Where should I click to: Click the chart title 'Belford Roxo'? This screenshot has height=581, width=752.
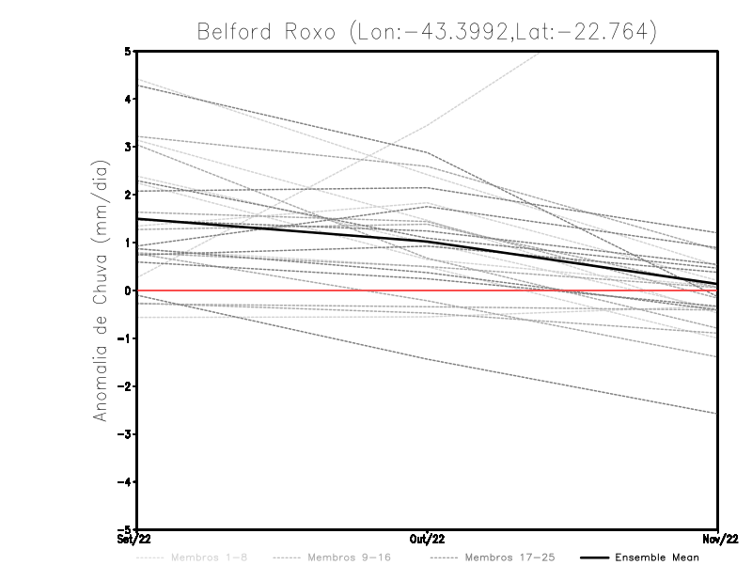[x=426, y=31]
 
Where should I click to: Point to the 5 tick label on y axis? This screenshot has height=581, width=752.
[x=128, y=51]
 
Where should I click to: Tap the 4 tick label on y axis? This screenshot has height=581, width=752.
[x=128, y=99]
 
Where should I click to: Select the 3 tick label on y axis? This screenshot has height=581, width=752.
[x=128, y=147]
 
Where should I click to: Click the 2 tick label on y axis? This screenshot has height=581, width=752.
[x=128, y=195]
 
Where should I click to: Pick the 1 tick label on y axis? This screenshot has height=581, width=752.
[x=128, y=243]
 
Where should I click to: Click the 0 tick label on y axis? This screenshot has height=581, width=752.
[x=128, y=290]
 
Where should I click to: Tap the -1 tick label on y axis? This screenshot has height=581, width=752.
[x=125, y=338]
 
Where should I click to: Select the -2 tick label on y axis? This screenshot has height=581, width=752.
[x=125, y=386]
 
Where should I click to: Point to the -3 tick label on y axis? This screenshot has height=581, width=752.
[x=125, y=434]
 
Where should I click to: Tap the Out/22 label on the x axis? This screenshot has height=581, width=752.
[x=427, y=539]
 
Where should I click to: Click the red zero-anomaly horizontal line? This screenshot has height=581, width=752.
[x=282, y=290]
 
